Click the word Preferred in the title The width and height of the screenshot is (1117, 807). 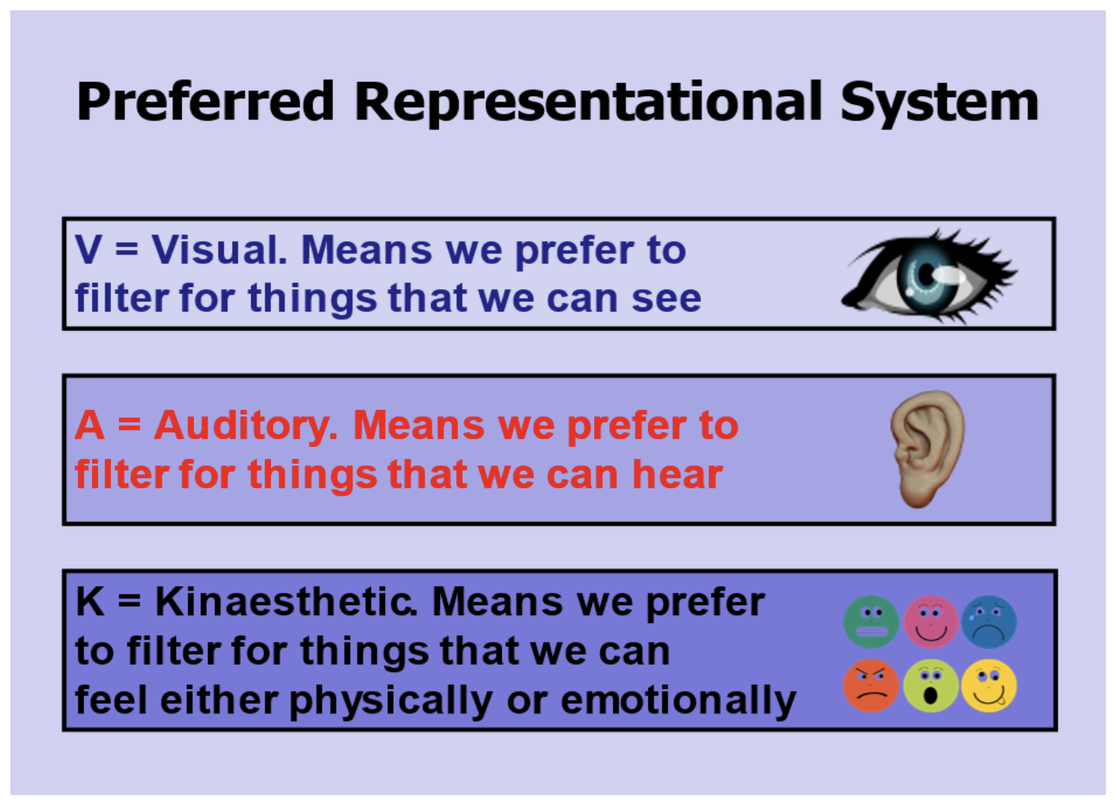point(205,101)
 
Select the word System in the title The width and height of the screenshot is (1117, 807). point(939,101)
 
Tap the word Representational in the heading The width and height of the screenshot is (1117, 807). point(589,101)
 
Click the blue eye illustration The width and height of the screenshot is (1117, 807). point(928,275)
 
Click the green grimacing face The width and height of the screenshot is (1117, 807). point(871,622)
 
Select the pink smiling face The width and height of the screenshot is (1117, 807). point(931,622)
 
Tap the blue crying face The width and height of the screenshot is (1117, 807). point(989,622)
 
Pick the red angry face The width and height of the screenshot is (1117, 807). point(871,685)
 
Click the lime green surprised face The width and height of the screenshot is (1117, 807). point(931,685)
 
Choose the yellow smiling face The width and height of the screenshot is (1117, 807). point(989,685)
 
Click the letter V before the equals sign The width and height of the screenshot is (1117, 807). point(89,250)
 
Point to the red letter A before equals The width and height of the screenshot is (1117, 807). point(90,426)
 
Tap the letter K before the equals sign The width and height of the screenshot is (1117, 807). point(90,602)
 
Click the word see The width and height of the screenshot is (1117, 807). point(666,299)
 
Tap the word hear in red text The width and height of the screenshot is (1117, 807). point(677,475)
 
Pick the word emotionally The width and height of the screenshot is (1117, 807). point(678,701)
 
